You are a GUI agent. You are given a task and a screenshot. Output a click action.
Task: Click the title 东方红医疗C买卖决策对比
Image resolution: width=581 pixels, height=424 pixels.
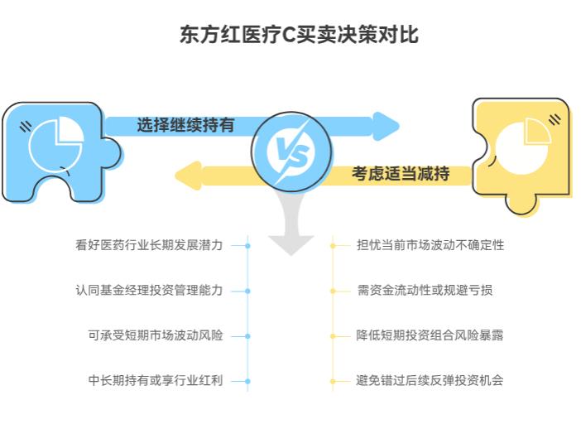290,35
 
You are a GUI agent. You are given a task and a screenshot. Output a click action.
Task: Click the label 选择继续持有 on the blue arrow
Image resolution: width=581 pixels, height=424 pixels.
185,125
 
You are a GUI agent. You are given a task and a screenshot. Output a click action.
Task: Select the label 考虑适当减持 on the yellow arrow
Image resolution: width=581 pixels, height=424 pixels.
401,174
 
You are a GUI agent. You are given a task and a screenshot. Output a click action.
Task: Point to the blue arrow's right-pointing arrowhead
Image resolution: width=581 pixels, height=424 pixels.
385,126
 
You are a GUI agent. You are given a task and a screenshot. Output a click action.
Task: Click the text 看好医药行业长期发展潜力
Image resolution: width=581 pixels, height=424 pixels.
149,245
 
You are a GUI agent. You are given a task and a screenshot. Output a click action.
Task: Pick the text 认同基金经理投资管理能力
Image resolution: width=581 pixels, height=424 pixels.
149,291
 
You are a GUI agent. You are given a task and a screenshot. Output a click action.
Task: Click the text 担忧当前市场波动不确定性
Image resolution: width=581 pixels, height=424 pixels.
430,245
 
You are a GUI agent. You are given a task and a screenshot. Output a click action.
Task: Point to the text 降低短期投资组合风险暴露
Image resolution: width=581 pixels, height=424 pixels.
430,336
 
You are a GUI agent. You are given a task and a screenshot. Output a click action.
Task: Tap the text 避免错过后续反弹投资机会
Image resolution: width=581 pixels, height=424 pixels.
430,381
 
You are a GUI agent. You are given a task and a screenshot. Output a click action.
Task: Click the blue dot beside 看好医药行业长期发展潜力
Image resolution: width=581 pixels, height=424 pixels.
247,245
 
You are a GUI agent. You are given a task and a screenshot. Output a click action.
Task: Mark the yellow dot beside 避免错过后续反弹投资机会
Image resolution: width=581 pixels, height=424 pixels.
334,381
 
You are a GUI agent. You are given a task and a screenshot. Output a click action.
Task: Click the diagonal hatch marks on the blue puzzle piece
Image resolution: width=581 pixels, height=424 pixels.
26,127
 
